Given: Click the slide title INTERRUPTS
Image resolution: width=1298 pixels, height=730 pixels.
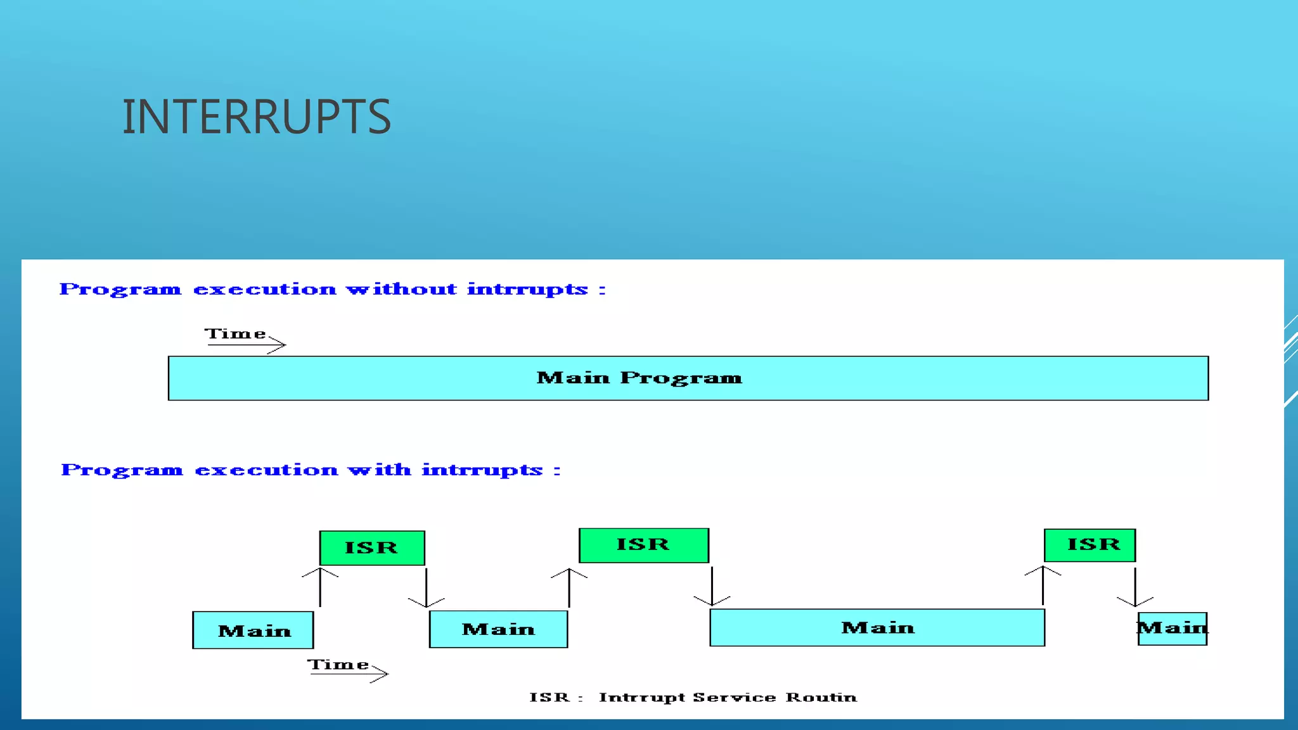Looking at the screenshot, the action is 256,117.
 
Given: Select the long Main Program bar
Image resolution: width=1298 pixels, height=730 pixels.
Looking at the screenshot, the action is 688,378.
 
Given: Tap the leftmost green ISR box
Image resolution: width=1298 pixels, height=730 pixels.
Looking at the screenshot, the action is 372,548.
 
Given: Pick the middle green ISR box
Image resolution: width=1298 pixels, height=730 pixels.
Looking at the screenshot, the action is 643,545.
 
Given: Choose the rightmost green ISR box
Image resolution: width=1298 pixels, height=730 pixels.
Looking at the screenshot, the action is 1089,545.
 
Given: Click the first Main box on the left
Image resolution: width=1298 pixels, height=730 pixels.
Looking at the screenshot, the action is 253,630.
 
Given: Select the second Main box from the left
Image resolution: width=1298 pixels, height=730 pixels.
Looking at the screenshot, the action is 498,629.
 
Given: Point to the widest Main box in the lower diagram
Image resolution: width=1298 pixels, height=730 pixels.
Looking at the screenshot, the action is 877,627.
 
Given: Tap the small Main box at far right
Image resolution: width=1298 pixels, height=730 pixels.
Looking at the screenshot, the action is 1172,629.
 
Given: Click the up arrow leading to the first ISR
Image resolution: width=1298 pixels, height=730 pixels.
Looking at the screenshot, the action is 320,587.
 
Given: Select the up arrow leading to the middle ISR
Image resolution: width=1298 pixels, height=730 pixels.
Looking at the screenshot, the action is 569,587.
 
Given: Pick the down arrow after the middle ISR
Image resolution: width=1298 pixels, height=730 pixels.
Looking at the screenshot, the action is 712,586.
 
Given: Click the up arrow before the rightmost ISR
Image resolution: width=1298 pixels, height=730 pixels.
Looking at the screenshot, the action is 1043,585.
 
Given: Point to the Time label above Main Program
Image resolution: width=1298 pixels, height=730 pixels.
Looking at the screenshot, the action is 235,334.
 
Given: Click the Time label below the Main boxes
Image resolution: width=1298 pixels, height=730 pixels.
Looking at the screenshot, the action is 338,665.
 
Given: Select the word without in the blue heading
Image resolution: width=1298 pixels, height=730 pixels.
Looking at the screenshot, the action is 401,290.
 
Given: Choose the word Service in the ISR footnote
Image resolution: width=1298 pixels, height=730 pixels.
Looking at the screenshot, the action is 734,698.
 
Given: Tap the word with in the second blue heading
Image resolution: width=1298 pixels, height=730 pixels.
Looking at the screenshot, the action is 379,470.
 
